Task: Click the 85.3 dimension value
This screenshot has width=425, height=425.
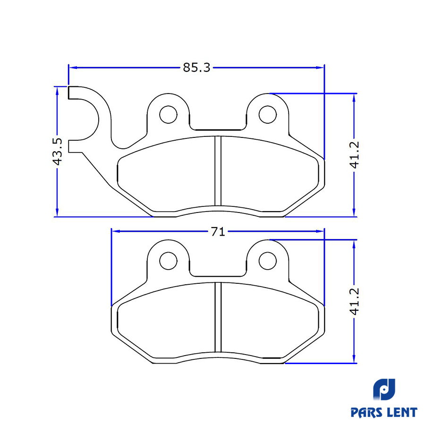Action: click(196, 68)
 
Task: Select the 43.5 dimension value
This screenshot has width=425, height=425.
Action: click(57, 152)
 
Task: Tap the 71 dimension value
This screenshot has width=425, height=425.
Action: click(218, 232)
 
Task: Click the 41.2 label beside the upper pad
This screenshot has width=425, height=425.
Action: click(354, 155)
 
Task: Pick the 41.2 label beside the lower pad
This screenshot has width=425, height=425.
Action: click(354, 301)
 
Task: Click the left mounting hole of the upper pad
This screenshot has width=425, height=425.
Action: click(168, 115)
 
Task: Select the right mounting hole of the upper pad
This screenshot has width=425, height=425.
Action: click(268, 115)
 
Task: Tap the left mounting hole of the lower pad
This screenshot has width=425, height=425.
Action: click(168, 261)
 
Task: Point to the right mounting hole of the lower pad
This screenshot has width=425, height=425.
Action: click(268, 261)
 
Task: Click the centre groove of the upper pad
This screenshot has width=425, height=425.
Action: click(218, 171)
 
